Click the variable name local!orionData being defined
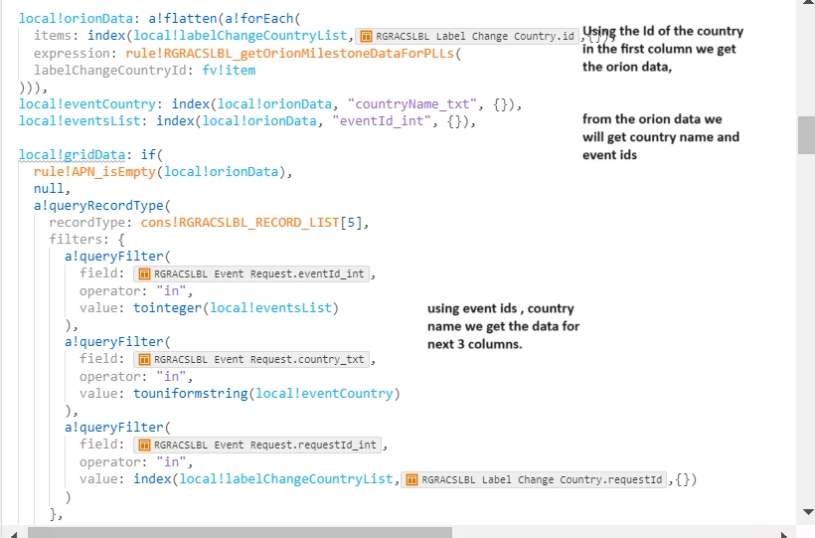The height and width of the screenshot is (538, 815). [76, 18]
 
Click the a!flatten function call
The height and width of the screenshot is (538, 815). [183, 18]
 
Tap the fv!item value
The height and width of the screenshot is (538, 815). [229, 71]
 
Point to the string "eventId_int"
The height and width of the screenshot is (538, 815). [382, 121]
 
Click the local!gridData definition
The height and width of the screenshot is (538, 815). [72, 154]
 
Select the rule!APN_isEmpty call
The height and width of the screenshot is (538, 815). [94, 172]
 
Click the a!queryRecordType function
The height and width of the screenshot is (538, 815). [98, 206]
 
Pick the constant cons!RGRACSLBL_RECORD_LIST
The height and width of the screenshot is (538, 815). [240, 223]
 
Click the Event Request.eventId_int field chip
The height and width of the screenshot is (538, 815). [251, 273]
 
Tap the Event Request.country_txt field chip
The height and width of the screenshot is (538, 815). [251, 359]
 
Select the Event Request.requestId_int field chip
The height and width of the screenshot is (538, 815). [257, 445]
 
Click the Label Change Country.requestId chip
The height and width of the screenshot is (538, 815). [534, 479]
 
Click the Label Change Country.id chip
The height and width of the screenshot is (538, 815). [467, 36]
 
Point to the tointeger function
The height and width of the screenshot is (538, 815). [167, 308]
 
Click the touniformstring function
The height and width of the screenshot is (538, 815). [190, 394]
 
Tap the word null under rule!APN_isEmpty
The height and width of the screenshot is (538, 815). [49, 188]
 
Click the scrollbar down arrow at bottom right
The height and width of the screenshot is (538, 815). [808, 512]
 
